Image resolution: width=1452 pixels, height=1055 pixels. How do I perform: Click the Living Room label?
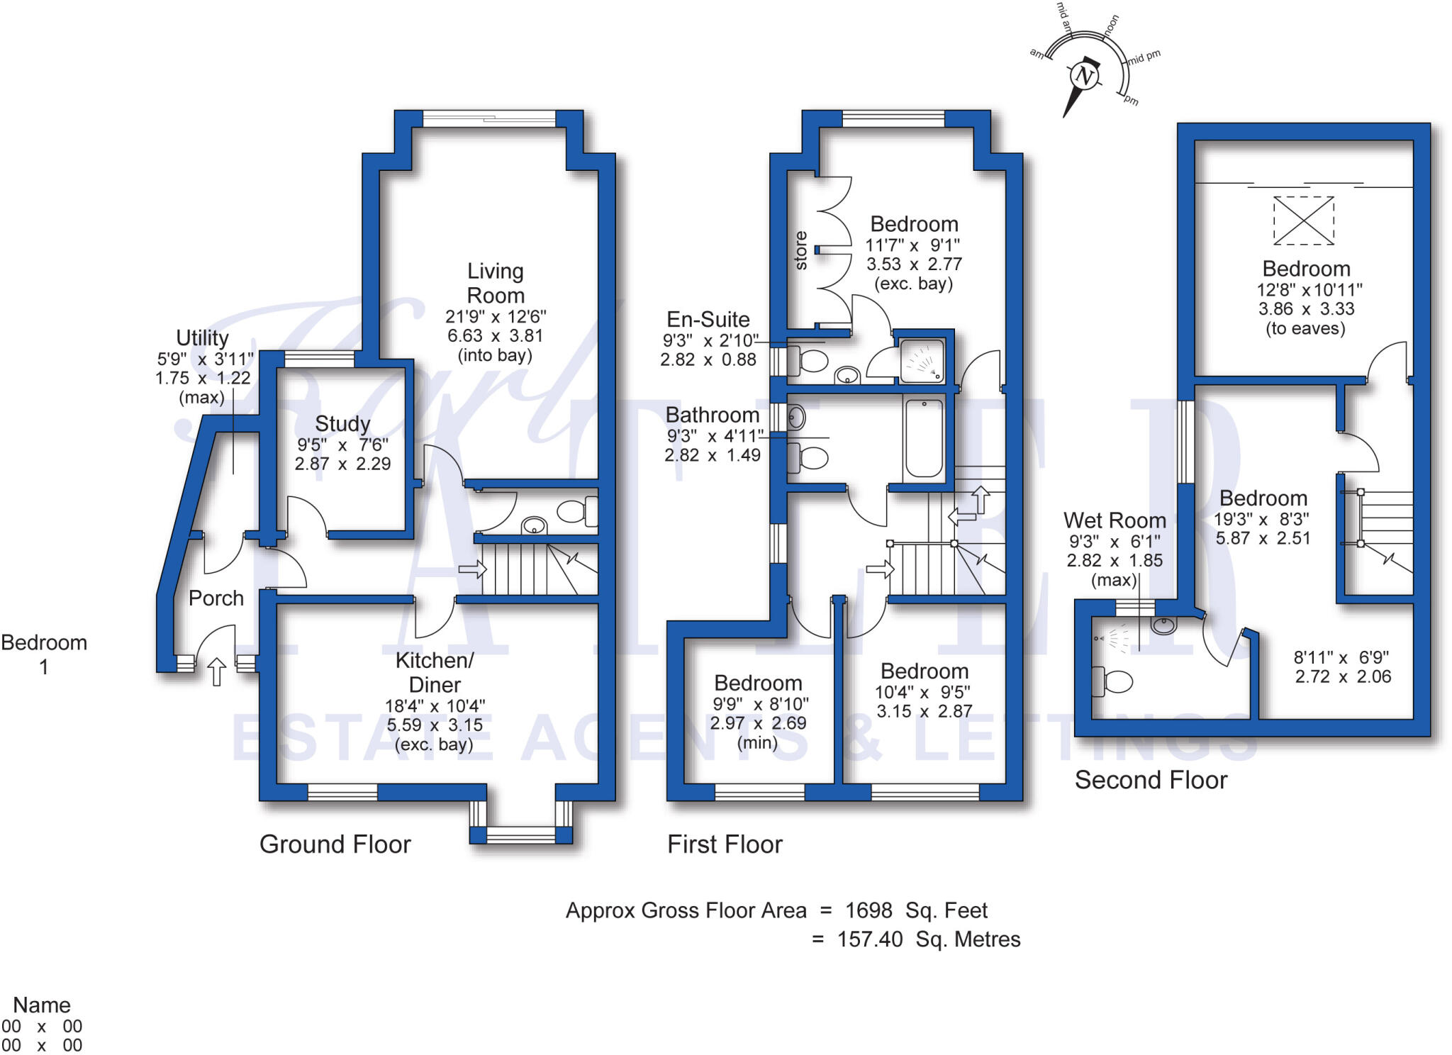tap(496, 283)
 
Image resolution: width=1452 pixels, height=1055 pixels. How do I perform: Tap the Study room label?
tap(342, 423)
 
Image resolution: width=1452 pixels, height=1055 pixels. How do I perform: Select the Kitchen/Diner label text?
tap(435, 672)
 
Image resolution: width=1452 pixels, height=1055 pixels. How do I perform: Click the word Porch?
tap(216, 598)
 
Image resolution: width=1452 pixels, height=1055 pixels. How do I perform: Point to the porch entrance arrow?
tap(217, 671)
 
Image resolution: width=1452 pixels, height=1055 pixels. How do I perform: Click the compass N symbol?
tap(1083, 75)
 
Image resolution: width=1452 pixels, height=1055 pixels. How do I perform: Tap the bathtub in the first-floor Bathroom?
tap(924, 437)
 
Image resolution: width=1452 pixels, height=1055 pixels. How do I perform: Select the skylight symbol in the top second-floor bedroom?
tap(1303, 221)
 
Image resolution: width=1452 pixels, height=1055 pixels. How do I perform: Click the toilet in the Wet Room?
tap(1114, 681)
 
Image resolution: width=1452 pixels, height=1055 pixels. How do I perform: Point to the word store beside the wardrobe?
tap(800, 250)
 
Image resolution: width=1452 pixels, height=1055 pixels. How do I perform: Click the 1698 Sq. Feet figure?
tap(916, 910)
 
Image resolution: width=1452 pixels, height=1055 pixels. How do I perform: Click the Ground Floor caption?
tap(335, 844)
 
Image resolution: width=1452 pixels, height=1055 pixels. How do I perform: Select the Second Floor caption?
tap(1151, 780)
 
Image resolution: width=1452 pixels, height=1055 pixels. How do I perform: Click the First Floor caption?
tap(725, 844)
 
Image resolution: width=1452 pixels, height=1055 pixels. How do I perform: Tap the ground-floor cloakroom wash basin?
tap(534, 525)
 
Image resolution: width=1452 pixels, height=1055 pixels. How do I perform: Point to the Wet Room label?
tap(1115, 520)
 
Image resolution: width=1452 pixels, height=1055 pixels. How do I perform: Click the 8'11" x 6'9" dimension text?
tap(1341, 657)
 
